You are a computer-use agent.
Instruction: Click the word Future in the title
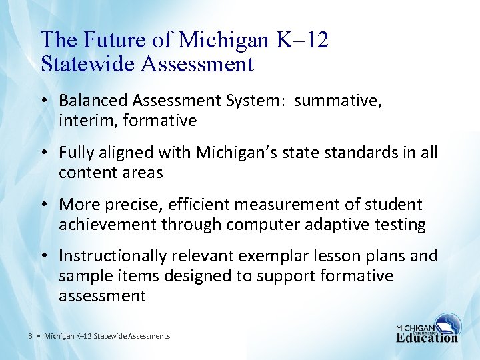[115, 40]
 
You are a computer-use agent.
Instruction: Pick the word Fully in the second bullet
[75, 153]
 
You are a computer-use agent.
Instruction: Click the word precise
[133, 205]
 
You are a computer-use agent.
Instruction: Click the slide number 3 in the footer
[31, 336]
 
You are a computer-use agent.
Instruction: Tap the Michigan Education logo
[427, 328]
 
